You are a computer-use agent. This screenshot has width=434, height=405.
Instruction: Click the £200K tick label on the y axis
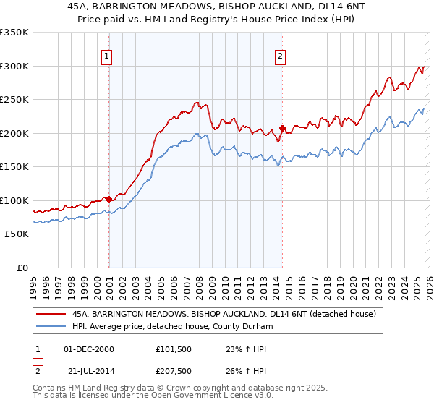pyautogui.click(x=14, y=133)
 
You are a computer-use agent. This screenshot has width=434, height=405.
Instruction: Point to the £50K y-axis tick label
pyautogui.click(x=17, y=234)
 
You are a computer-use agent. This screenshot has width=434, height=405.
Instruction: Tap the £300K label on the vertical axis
pyautogui.click(x=14, y=66)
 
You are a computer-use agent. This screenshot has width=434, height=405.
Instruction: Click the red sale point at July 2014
pyautogui.click(x=282, y=128)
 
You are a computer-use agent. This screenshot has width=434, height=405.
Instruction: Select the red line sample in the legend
pyautogui.click(x=51, y=315)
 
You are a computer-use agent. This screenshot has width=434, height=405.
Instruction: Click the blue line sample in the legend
pyautogui.click(x=51, y=327)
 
